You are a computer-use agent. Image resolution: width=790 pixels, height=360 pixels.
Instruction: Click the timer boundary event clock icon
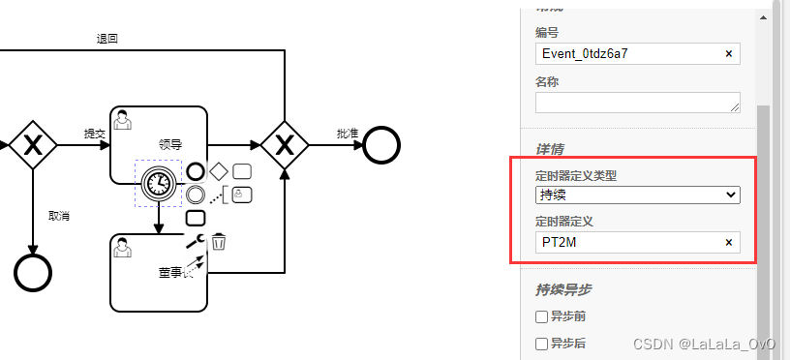(x=157, y=182)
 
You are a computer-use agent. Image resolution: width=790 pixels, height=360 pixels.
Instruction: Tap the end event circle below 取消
(x=33, y=272)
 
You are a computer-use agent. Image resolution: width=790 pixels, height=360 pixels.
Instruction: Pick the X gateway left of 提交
(x=33, y=145)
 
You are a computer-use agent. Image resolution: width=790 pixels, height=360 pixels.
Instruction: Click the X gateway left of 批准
(x=285, y=145)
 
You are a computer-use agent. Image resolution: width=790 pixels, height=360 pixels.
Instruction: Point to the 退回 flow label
(x=106, y=39)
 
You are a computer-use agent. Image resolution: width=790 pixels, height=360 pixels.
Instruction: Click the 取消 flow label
(x=58, y=215)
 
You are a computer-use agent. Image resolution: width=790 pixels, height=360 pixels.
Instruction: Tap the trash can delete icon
(x=219, y=241)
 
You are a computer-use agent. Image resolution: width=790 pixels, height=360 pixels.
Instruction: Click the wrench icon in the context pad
(x=195, y=242)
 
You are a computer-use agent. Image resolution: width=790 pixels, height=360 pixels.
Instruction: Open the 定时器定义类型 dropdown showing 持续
(x=637, y=195)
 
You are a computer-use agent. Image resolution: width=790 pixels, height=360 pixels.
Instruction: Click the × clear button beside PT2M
(x=729, y=242)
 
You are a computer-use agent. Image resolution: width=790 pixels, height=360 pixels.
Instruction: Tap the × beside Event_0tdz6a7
(x=729, y=54)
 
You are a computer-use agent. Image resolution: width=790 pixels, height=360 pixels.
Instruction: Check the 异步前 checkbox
(x=542, y=316)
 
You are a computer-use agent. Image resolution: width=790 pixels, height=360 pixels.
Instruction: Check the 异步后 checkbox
(x=542, y=344)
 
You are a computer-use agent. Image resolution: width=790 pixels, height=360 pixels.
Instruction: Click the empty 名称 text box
(x=637, y=102)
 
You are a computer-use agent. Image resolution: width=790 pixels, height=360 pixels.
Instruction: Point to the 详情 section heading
(x=550, y=149)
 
